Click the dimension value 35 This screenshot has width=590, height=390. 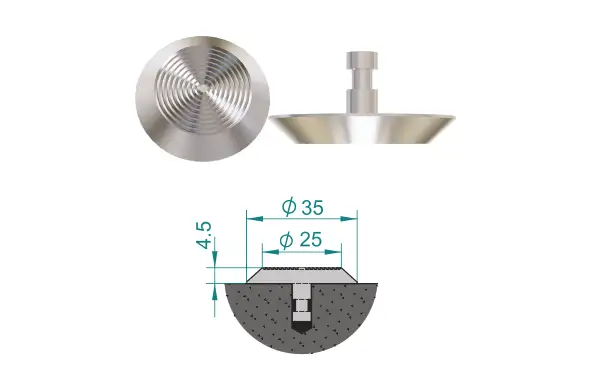click(312, 207)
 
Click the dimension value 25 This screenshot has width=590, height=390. click(311, 239)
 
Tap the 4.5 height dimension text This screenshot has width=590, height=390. click(205, 235)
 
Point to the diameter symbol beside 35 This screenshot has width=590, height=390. click(289, 207)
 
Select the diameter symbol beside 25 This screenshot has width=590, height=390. click(287, 240)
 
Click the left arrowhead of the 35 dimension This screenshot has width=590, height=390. click(255, 218)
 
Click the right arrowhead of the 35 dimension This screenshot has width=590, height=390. click(348, 218)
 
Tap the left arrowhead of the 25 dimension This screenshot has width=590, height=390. click(271, 251)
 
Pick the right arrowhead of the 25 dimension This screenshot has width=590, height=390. click(333, 251)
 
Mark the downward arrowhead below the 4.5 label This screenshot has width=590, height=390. click(214, 260)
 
